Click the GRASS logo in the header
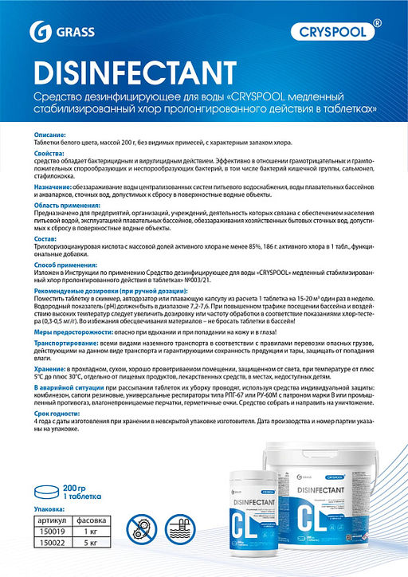click(x=52, y=32)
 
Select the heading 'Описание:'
click(x=49, y=135)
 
